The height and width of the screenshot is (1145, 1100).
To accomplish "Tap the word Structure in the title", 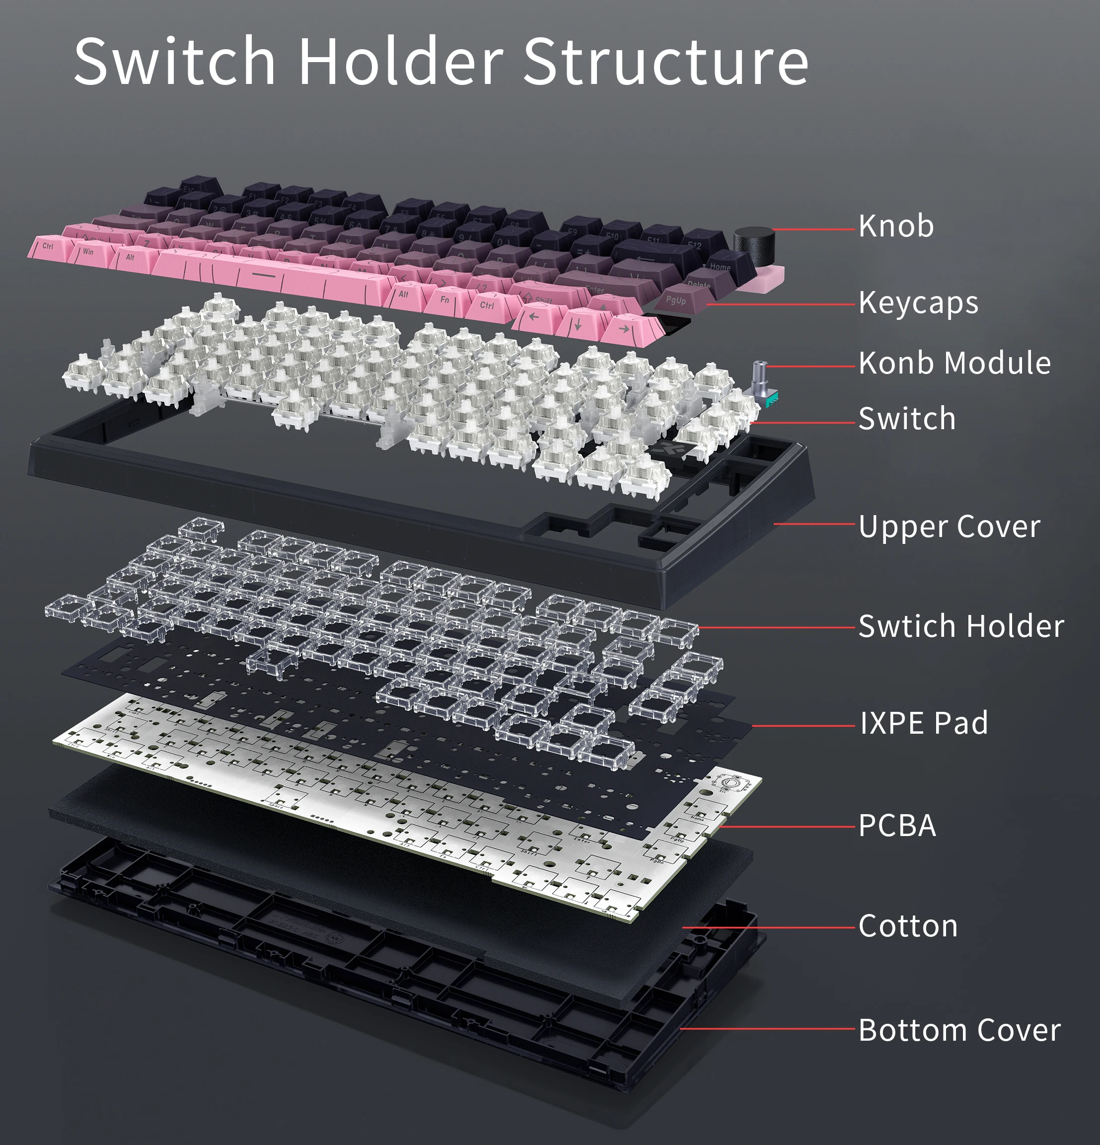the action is [x=665, y=61].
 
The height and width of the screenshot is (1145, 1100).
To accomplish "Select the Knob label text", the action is [x=896, y=226].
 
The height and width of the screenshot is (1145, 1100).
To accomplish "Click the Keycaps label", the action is [x=918, y=303].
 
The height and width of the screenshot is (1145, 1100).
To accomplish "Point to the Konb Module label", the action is [x=954, y=363].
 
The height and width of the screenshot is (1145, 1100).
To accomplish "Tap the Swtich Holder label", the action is [x=961, y=626].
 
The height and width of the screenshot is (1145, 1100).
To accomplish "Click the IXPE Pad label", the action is [x=924, y=723].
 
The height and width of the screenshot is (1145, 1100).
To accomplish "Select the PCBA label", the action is [x=897, y=826].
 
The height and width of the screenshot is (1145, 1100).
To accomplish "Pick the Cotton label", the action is [x=908, y=926].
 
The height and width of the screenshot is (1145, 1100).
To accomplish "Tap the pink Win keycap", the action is [x=89, y=252].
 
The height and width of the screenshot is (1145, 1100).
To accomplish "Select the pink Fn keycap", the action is [x=445, y=300].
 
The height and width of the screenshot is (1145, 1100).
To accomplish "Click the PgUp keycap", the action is [x=676, y=300].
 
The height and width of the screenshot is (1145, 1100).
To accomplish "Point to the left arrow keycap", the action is [x=533, y=317].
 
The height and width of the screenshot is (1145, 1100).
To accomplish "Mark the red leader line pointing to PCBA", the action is [x=789, y=827].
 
